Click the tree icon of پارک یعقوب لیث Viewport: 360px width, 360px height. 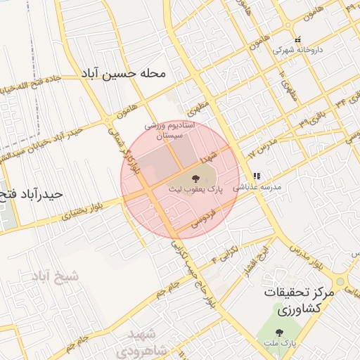click(x=195, y=176)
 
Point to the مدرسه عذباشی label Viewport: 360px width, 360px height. click(x=261, y=188)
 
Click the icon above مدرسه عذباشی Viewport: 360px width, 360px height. click(x=257, y=176)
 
